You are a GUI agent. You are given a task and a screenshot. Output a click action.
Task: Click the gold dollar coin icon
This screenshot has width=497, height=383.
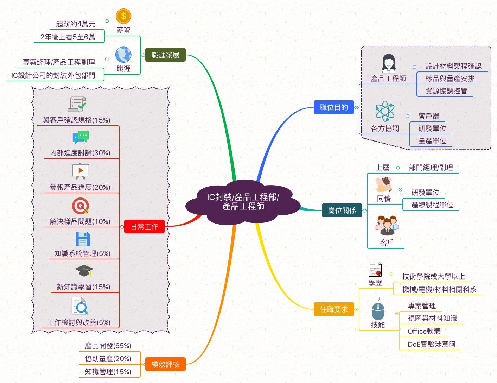pos(123,16)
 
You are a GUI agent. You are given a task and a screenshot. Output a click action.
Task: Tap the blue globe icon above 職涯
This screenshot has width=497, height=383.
pos(123,55)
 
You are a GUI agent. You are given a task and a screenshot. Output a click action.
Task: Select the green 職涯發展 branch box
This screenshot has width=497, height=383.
pos(165,55)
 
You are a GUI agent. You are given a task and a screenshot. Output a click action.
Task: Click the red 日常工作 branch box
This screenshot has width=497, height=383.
pos(144,227)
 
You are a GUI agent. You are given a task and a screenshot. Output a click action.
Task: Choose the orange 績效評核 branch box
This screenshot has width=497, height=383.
pos(165,364)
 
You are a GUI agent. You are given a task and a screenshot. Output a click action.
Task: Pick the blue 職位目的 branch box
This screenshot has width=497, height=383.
pos(334,107)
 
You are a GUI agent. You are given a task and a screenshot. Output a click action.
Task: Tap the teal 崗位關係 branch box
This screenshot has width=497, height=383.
pos(342,211)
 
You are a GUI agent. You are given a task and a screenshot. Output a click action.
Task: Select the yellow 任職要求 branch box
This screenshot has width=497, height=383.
pos(334,309)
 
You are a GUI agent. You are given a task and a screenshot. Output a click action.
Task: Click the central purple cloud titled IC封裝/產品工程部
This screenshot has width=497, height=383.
pos(243,202)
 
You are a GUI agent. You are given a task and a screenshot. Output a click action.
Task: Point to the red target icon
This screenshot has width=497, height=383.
pos(81,206)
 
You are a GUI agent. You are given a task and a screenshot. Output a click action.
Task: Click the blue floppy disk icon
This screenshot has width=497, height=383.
pos(83,239)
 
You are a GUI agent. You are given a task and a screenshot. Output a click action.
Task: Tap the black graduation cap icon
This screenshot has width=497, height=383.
pos(84,271)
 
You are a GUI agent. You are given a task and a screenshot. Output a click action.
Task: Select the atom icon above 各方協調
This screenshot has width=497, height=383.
pos(385,111)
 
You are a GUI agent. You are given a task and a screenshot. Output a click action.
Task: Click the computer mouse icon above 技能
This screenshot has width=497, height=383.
pos(378,310)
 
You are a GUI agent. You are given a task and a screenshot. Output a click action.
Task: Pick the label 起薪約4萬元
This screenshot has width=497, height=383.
pos(76,24)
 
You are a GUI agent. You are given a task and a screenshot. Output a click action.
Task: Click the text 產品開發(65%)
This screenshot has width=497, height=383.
pos(108,346)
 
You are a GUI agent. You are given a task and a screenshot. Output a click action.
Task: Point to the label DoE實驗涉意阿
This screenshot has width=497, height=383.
pos(432,344)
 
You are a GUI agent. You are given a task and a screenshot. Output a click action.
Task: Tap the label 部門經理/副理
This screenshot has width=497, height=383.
pos(431,168)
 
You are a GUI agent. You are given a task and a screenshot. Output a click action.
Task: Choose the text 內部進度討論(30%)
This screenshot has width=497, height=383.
pos(80,153)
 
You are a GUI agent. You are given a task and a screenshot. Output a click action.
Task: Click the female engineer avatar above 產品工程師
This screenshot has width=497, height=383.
pos(389,63)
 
